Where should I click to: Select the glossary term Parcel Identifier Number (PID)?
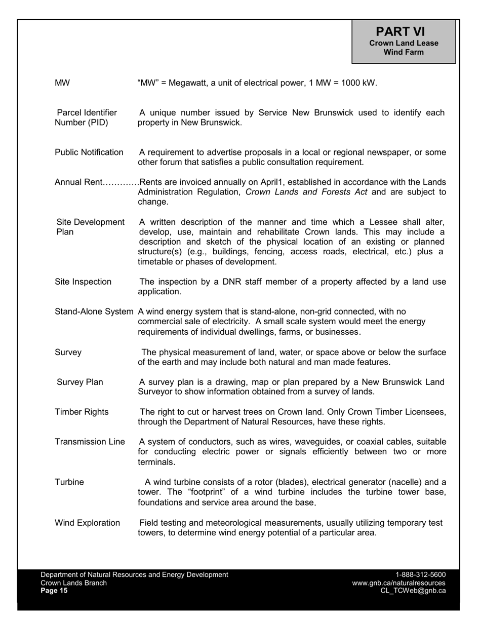(86, 118)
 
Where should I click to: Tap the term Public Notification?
(89, 152)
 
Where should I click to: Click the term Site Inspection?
(83, 282)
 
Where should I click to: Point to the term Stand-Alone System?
(95, 311)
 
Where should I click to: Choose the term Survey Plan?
(79, 382)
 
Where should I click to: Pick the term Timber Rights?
(82, 412)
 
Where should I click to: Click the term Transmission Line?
(90, 442)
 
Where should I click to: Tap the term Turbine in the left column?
(69, 482)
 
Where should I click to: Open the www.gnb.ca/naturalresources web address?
(398, 583)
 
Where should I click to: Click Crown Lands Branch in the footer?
(73, 583)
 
